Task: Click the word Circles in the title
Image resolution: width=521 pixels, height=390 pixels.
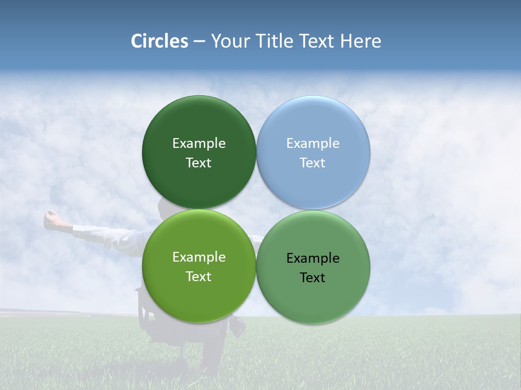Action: [160, 41]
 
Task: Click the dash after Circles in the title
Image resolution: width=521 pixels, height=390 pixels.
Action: [199, 42]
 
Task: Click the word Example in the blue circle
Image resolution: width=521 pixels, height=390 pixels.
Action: [313, 143]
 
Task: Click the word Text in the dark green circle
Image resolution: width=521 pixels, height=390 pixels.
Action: [199, 162]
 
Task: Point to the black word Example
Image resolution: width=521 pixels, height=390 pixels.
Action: [313, 258]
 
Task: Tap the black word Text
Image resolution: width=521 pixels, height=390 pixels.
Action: [313, 277]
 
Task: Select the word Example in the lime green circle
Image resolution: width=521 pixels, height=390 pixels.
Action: [199, 257]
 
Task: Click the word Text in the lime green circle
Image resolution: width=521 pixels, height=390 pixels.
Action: [199, 276]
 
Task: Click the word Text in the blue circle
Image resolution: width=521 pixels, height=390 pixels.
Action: [313, 162]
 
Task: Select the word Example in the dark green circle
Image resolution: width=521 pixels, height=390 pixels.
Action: [199, 143]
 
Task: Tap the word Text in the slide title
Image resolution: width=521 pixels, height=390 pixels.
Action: [318, 41]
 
